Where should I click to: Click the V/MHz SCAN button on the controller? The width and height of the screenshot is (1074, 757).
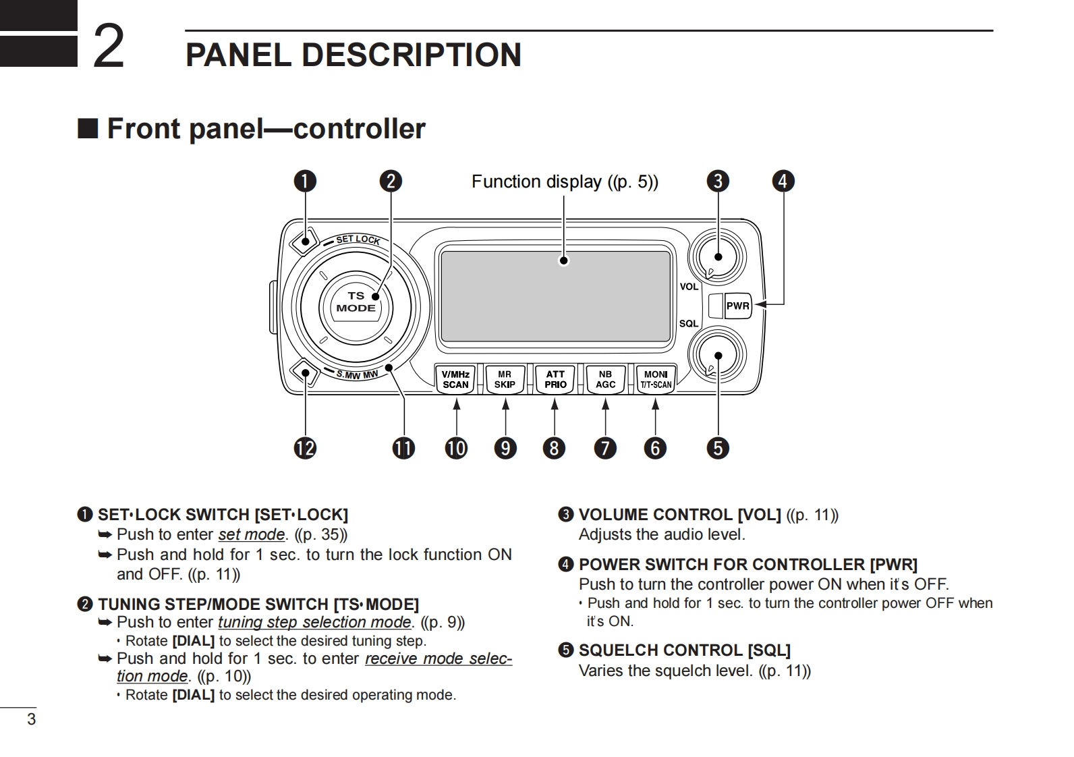click(x=455, y=379)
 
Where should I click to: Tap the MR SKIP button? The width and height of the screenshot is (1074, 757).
click(x=505, y=379)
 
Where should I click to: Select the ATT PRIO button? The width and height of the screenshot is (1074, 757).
click(x=555, y=379)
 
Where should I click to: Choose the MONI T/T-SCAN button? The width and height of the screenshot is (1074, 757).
click(x=656, y=379)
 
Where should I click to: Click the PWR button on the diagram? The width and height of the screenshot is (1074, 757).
click(x=737, y=306)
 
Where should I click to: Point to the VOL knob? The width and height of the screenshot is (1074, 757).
click(x=717, y=256)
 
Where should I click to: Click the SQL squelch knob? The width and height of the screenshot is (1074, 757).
click(x=717, y=356)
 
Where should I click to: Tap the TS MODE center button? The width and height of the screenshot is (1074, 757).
click(x=356, y=302)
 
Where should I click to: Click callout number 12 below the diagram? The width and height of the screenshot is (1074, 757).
click(x=305, y=448)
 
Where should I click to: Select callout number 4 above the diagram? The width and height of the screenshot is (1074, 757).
click(x=783, y=181)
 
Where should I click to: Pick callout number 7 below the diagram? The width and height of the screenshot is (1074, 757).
click(x=605, y=448)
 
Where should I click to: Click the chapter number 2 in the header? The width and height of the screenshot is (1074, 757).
click(x=108, y=46)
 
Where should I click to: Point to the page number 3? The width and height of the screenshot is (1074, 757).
click(x=31, y=719)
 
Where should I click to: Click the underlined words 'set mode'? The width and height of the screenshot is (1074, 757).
click(x=251, y=534)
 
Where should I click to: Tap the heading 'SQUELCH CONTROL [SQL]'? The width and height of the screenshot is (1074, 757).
click(x=684, y=650)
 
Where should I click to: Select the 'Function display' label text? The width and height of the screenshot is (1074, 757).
click(x=536, y=181)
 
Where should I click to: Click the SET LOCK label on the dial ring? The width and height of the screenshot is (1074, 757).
click(x=358, y=239)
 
